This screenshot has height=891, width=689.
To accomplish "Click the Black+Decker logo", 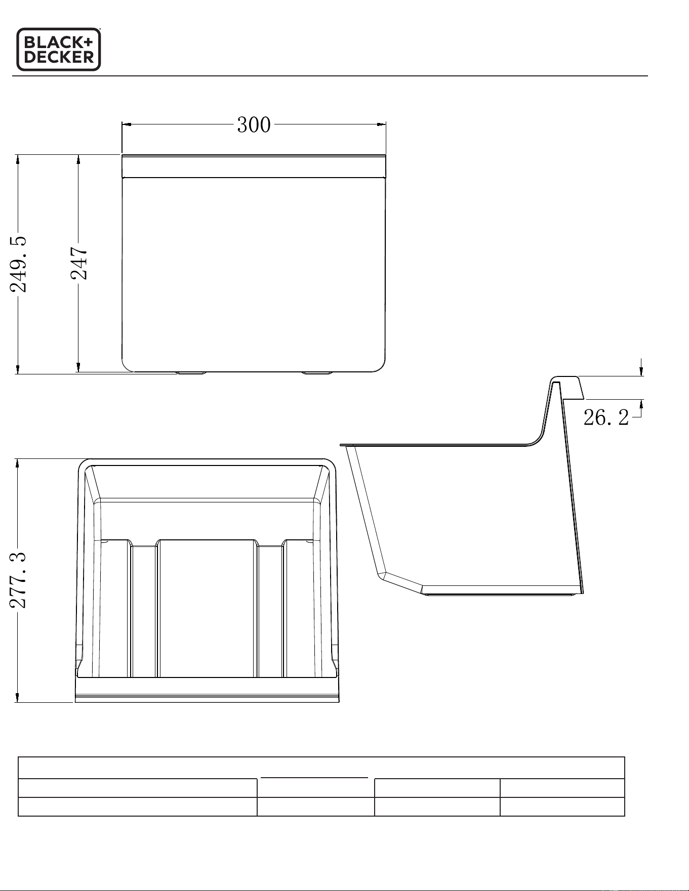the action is click(x=59, y=49).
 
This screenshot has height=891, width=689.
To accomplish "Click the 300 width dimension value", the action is click(x=254, y=125).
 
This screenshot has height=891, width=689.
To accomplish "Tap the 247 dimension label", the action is click(x=78, y=263).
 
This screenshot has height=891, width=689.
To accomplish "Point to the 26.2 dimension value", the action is click(x=606, y=417).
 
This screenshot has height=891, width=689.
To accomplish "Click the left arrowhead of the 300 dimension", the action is click(x=127, y=124).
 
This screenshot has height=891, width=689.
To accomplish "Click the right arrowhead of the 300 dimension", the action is click(x=381, y=124).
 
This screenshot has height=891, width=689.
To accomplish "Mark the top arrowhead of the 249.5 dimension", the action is click(x=18, y=159).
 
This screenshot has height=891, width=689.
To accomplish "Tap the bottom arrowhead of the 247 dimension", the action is click(x=78, y=367).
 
